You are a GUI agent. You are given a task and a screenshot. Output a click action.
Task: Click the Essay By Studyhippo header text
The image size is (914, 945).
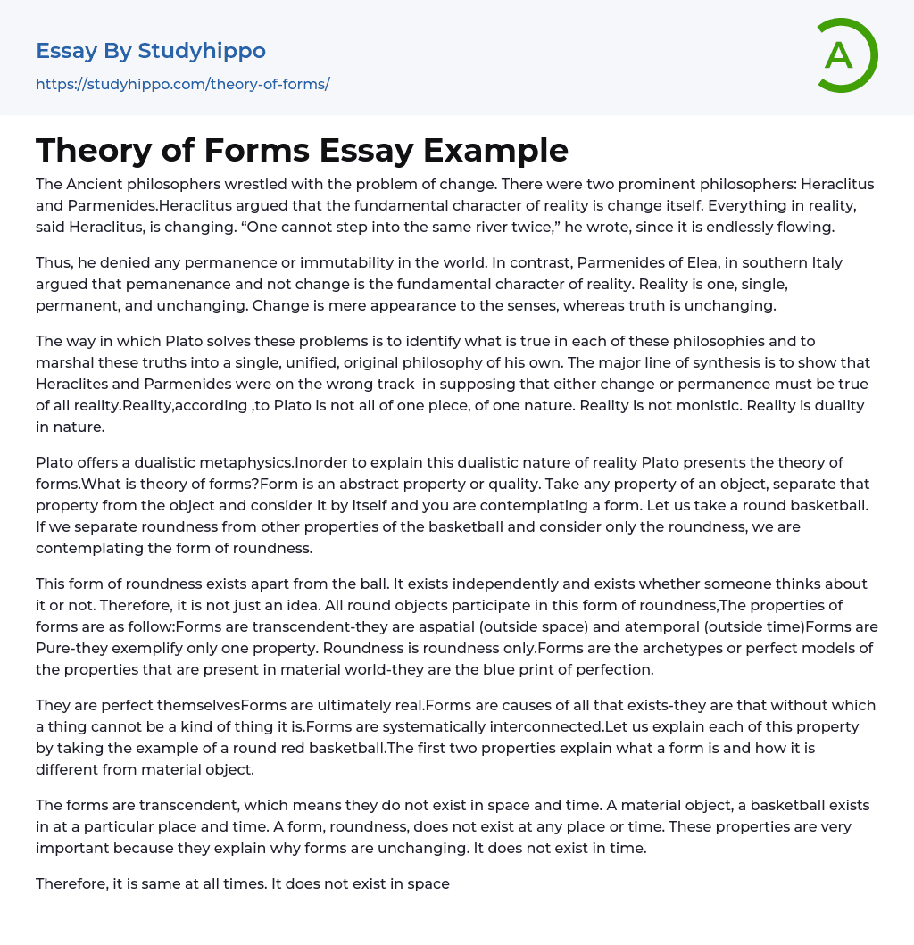(x=151, y=51)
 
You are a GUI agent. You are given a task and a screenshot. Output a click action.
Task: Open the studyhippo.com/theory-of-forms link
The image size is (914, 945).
(x=183, y=84)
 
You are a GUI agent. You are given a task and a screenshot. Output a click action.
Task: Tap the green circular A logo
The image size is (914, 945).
(x=843, y=55)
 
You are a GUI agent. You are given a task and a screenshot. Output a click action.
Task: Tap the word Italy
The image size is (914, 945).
(x=824, y=263)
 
